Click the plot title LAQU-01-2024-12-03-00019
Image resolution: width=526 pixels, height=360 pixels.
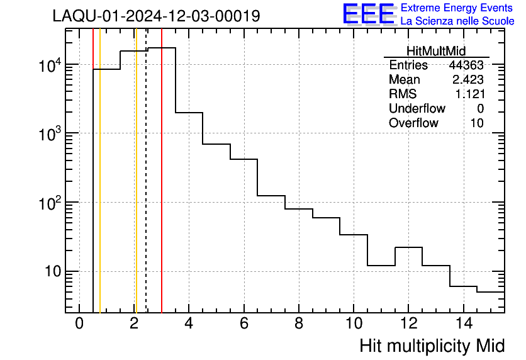tap(156, 16)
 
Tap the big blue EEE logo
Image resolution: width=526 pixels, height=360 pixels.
tap(369, 14)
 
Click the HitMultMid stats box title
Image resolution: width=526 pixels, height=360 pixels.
tap(436, 51)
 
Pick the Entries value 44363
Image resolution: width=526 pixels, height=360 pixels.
tap(466, 65)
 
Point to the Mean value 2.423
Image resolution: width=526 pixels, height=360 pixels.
tap(467, 80)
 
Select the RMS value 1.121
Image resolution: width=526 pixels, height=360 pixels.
tap(469, 94)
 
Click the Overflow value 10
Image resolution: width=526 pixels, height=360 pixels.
tap(477, 123)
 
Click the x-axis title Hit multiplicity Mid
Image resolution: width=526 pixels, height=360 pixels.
tap(432, 346)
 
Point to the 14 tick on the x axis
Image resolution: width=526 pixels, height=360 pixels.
tap(462, 323)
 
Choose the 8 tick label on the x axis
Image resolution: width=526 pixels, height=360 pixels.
tap(298, 323)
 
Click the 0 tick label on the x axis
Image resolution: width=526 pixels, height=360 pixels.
tap(79, 323)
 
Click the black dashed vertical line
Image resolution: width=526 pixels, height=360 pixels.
tap(146, 189)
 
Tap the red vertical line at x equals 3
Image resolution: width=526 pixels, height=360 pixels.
tap(162, 189)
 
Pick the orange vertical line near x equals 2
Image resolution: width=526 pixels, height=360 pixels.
tap(135, 189)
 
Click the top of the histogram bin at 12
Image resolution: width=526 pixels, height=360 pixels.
tap(408, 247)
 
